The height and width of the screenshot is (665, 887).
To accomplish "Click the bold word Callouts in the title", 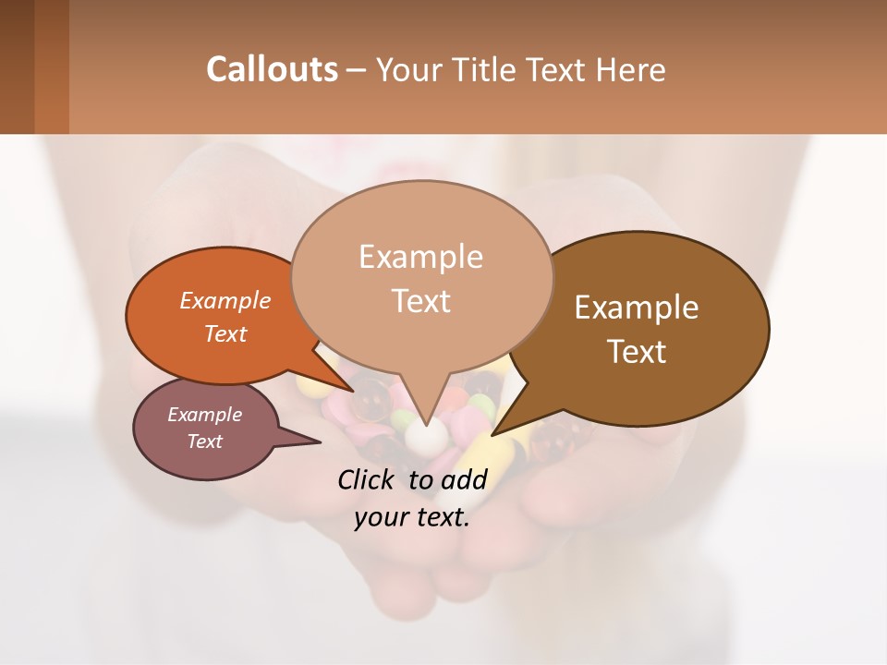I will pos(272,69).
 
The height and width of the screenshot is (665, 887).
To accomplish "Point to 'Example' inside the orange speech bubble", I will pos(225,300).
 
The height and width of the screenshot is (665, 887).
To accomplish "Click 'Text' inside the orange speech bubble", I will pos(225,333).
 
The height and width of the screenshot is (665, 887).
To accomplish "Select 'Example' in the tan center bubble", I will pos(420,257).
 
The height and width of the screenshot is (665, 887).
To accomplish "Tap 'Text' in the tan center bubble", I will pos(420,301).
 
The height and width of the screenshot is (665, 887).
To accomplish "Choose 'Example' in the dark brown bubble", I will pos(637,308).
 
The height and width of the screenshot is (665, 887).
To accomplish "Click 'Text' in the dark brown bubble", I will pos(637,352).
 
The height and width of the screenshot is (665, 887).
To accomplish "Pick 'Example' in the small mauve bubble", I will pos(205,415).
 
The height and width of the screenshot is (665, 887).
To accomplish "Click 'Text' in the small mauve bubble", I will pos(205,441).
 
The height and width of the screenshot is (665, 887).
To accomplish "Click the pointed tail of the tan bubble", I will pos(426,423).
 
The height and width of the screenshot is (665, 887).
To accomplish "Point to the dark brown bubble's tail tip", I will pos(495,433).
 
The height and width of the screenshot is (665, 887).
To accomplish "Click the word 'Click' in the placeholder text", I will pos(366,479).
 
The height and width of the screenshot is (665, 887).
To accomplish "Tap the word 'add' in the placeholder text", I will pos(464,479).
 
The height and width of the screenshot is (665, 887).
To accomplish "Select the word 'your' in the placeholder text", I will pos(379,517).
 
